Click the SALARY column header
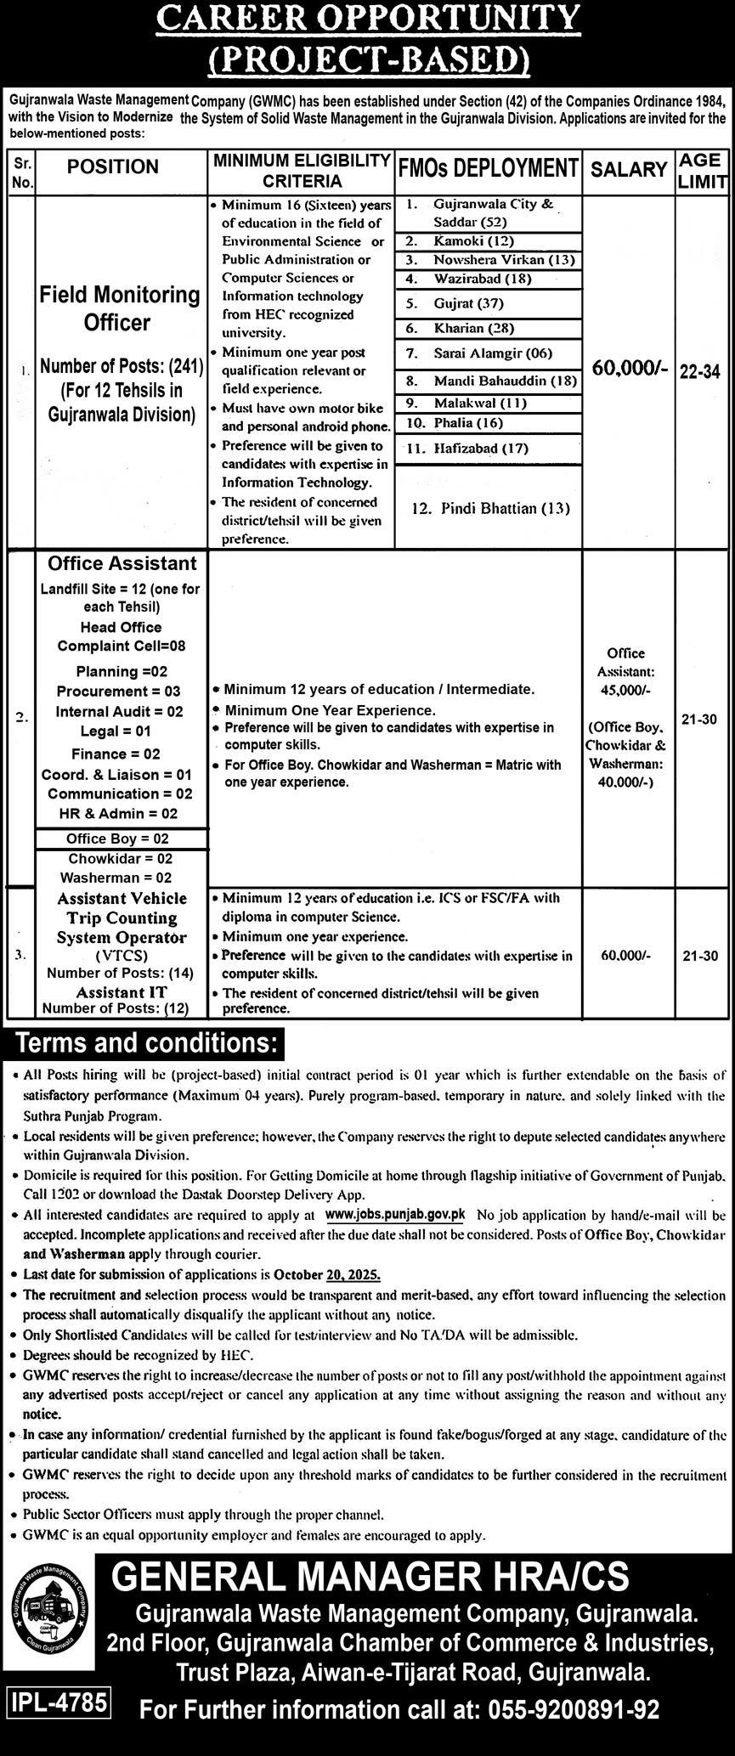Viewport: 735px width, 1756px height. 629,169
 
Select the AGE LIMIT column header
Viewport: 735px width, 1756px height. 702,169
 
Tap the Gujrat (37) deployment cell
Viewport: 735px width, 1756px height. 489,303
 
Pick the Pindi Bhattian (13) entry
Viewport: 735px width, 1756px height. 489,508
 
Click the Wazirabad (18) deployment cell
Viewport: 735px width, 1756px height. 489,279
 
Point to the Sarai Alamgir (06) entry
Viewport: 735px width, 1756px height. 489,353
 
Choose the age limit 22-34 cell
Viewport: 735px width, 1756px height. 700,371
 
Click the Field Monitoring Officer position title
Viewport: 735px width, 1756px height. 120,308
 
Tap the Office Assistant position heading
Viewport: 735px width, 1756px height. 122,563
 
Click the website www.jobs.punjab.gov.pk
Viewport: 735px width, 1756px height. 395,1216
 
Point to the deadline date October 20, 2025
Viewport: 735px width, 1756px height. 327,1275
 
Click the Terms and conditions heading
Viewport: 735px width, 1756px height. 146,1042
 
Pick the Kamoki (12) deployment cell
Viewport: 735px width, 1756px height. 489,241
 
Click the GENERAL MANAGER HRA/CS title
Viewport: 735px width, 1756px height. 370,1577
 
